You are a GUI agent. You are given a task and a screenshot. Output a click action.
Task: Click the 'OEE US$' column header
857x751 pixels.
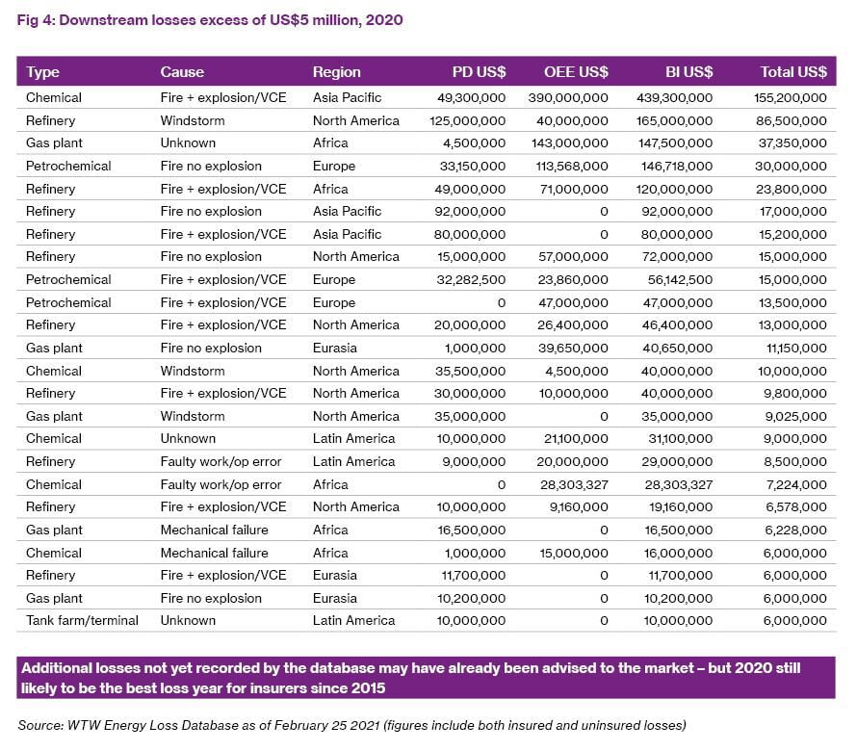click(x=576, y=72)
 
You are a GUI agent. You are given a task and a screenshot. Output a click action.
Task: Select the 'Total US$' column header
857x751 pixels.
click(x=793, y=72)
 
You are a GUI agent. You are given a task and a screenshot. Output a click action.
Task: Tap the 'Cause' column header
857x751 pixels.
click(x=182, y=72)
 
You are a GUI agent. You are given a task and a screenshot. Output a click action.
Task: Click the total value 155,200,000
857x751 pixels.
click(x=790, y=98)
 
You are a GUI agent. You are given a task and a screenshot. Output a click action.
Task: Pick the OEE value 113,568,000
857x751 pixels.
click(x=572, y=167)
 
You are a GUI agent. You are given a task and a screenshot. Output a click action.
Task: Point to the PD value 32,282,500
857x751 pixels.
click(x=471, y=280)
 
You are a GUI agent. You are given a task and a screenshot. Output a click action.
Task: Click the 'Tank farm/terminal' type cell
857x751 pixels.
click(x=82, y=621)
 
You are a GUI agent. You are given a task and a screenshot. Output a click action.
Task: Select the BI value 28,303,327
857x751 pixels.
click(x=678, y=485)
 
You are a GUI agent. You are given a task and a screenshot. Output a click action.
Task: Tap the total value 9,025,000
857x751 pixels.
click(x=795, y=417)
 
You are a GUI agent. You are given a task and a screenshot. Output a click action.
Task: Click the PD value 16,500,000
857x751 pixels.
click(x=471, y=531)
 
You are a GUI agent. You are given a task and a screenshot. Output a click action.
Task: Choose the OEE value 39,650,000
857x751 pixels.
click(x=573, y=349)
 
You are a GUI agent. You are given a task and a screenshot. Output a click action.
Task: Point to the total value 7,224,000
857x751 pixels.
click(x=796, y=485)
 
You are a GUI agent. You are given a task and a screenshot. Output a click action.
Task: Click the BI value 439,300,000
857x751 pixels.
click(x=674, y=98)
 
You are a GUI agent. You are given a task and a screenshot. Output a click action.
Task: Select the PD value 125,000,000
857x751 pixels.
click(x=467, y=120)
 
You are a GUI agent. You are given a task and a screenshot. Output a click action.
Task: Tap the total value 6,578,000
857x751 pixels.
click(x=795, y=507)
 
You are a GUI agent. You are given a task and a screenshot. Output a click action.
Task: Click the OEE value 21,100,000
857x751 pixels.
click(x=576, y=439)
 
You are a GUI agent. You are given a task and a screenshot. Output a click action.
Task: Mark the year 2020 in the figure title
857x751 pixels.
click(x=384, y=20)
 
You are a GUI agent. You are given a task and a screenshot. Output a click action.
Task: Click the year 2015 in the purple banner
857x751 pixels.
click(x=369, y=688)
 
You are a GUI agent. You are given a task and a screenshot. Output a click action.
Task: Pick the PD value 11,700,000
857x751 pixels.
click(x=474, y=576)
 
